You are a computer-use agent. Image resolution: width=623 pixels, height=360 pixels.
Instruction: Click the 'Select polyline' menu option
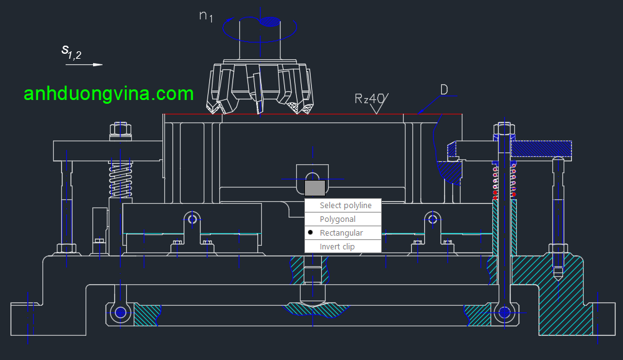[346, 206]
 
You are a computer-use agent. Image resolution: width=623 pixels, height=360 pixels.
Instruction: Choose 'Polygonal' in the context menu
[337, 219]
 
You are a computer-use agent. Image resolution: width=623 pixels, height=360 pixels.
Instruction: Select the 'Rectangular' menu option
[341, 233]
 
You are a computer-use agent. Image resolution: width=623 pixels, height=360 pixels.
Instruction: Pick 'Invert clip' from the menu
[337, 247]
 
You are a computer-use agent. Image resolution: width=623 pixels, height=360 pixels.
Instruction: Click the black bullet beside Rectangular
[311, 232]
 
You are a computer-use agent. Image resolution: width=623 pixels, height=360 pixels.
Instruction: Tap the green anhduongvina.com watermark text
[109, 94]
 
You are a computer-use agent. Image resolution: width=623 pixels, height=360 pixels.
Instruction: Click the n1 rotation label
[206, 16]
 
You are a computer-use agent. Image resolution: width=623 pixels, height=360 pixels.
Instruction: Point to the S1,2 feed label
[71, 51]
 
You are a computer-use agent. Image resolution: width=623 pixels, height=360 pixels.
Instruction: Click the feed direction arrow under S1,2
[84, 64]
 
